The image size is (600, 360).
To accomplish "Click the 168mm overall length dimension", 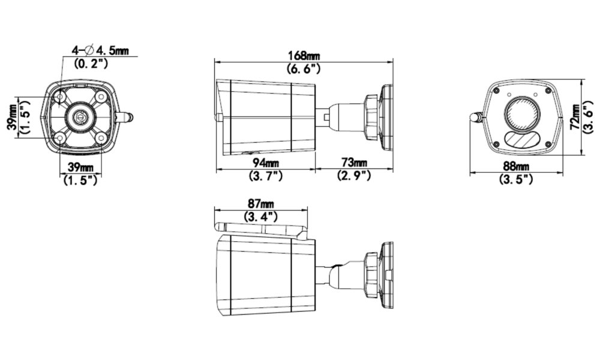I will (x=305, y=56).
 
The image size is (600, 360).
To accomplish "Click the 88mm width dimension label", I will (x=516, y=166).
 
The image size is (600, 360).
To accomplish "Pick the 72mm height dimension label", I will (x=575, y=117).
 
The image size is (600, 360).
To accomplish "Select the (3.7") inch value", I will (x=265, y=175).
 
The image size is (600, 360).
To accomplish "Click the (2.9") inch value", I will (x=354, y=175).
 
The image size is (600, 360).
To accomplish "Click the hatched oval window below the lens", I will (x=520, y=139).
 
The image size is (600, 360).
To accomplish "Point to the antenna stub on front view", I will (x=476, y=117).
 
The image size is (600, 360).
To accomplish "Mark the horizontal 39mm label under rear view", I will (x=80, y=166).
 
